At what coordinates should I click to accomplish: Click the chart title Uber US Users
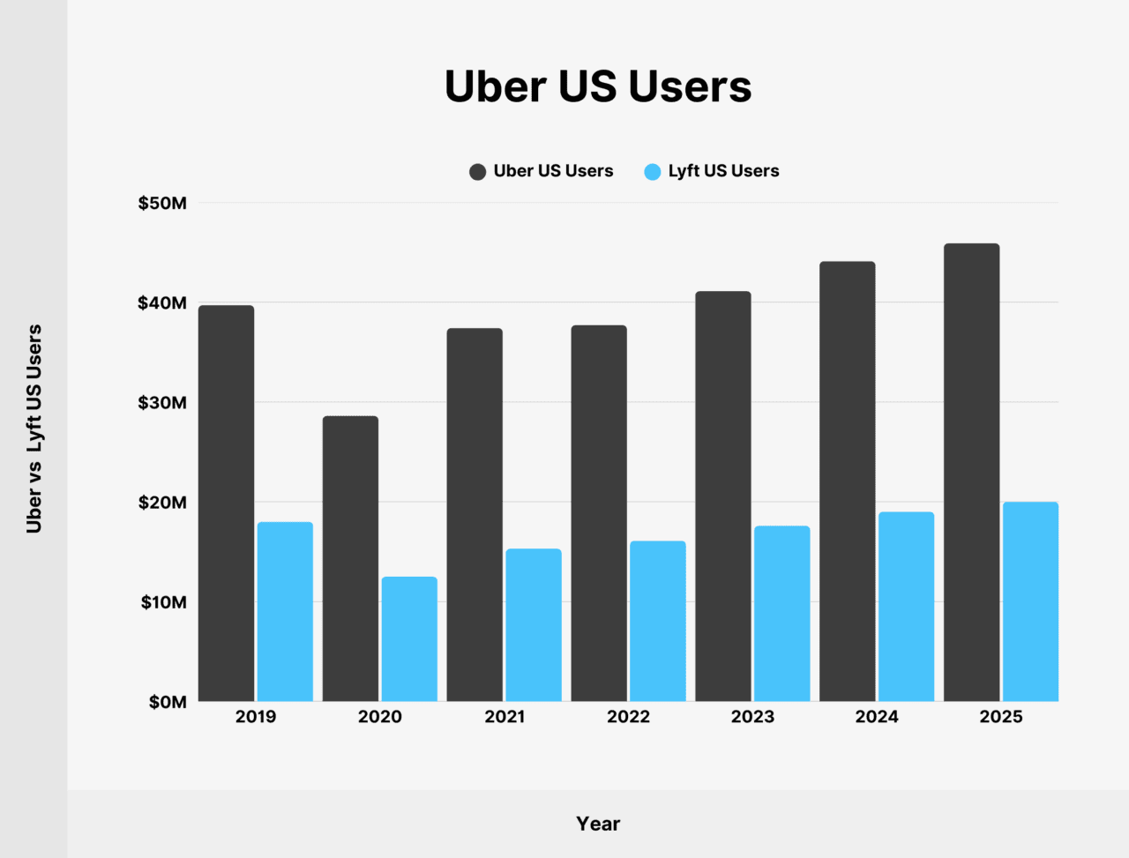coord(598,86)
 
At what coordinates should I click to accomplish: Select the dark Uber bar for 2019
coord(227,504)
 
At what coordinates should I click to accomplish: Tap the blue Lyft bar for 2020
coord(409,639)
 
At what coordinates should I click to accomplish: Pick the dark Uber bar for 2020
coord(350,559)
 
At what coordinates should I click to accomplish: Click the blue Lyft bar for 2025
coord(1030,601)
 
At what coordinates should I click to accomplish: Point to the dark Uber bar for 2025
coord(971,473)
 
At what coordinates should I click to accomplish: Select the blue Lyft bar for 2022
coord(658,621)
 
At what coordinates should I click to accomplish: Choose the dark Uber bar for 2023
coord(723,496)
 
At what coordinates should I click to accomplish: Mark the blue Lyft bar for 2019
coord(285,612)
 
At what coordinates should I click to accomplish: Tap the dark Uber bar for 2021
coord(475,515)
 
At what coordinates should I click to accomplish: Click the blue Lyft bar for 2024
coord(906,607)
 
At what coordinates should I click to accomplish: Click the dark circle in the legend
coord(477,172)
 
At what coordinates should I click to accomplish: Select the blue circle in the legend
coord(653,172)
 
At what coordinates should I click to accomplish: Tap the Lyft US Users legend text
coord(723,171)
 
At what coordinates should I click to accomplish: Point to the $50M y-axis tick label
coord(162,204)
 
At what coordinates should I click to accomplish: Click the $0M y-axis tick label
coord(168,703)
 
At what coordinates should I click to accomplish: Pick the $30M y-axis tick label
coord(162,403)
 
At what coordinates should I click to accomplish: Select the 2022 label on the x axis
coord(628,717)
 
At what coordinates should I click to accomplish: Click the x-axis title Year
coord(598,824)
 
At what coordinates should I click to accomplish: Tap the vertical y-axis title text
coord(34,429)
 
